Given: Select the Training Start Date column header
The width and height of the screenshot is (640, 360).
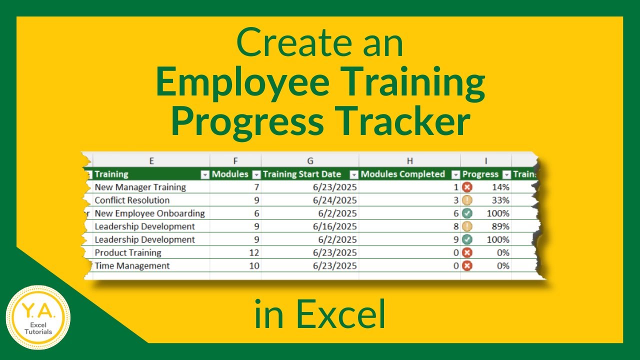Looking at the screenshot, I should (x=302, y=174).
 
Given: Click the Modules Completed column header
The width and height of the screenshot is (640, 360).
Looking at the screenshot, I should (x=402, y=174).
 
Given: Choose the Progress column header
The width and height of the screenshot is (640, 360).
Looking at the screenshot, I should (x=480, y=174).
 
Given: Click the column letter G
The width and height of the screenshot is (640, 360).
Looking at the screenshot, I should (x=310, y=161).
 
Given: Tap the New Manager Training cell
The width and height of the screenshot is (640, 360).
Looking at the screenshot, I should (x=140, y=187).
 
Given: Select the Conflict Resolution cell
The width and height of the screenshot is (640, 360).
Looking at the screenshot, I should (x=132, y=200).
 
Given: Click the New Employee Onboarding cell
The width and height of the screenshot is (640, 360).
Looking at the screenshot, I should (x=150, y=213).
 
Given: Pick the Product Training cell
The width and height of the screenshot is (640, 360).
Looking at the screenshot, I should (x=128, y=252).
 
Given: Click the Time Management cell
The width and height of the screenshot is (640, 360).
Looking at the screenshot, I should (x=132, y=265).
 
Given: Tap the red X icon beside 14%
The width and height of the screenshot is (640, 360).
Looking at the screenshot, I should (x=467, y=187).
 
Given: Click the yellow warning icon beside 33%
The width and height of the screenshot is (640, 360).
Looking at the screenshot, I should (x=467, y=200).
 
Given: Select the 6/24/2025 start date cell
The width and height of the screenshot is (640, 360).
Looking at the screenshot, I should (x=335, y=200).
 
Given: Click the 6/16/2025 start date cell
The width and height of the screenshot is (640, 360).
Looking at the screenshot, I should (x=335, y=226).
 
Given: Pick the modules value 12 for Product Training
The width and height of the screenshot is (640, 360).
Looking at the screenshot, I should (x=254, y=252).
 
